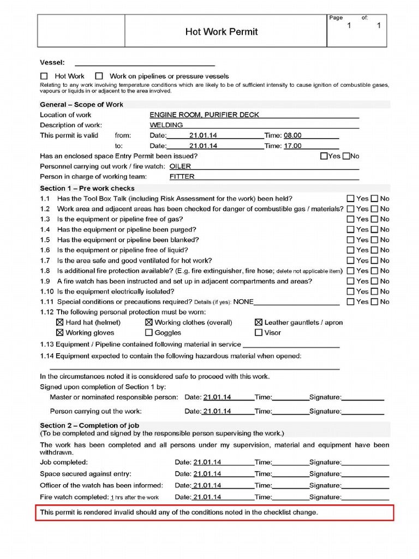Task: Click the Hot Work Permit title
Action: (222, 32)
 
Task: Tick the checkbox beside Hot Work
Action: (44, 76)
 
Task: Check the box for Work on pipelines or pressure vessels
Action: (99, 76)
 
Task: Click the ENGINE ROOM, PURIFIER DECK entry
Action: (204, 115)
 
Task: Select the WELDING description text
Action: (166, 125)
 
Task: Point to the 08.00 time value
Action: (292, 135)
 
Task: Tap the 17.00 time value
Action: (292, 146)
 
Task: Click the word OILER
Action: (180, 166)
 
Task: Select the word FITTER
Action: (182, 176)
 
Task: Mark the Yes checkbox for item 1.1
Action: (351, 199)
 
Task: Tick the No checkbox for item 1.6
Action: (374, 250)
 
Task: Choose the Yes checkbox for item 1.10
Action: (351, 292)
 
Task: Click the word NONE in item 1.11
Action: (243, 301)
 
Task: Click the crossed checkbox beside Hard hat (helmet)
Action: (59, 323)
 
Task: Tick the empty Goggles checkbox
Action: (149, 332)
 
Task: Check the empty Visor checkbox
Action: (259, 332)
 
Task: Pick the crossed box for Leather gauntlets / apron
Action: (259, 323)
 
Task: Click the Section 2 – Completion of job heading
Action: (86, 425)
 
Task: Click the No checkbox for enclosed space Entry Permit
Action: (346, 156)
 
